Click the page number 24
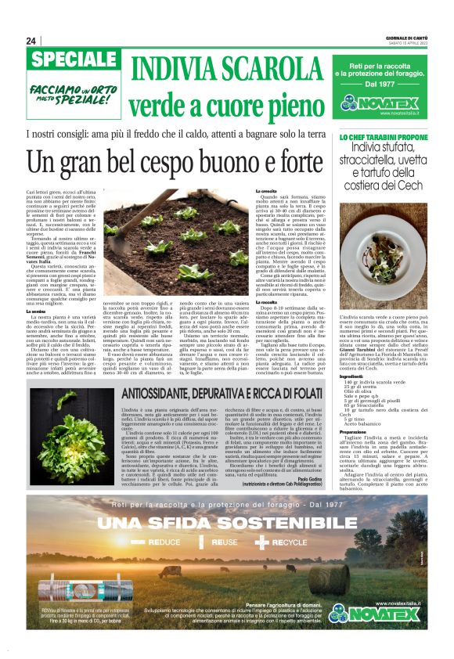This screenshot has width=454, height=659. coord(31,41)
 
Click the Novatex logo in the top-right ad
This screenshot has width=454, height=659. coord(386,103)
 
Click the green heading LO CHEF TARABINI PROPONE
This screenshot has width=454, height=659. coord(384,137)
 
